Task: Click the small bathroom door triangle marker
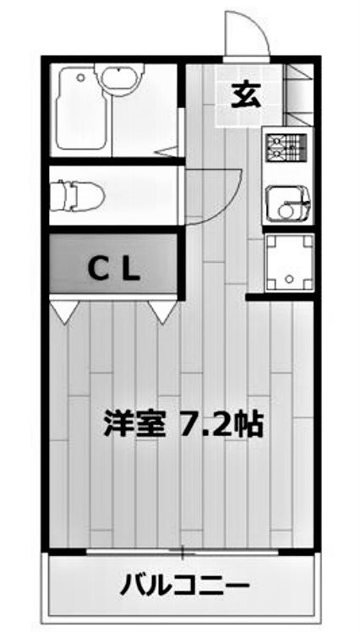point(169,152)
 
